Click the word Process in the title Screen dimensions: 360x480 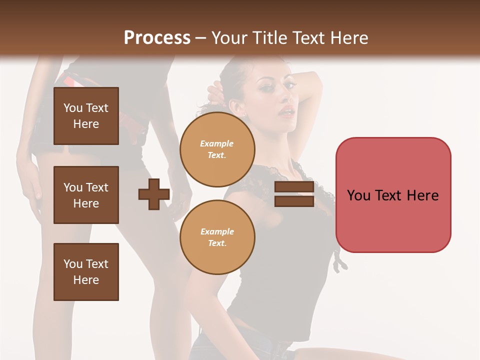tap(157, 37)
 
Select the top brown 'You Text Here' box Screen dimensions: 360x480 tap(86, 116)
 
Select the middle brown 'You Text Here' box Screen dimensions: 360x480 tap(86, 195)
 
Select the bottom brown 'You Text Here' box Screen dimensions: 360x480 tap(86, 272)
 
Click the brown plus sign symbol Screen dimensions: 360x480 tap(154, 194)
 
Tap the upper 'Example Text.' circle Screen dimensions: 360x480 tap(217, 149)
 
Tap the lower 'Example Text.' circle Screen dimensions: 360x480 tap(217, 237)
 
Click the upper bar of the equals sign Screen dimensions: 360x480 tap(294, 187)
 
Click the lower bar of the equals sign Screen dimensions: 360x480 tap(294, 201)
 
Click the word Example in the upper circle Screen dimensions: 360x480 tap(216, 143)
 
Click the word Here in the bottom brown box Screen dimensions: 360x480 tap(86, 280)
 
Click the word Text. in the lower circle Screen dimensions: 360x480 tap(217, 243)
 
